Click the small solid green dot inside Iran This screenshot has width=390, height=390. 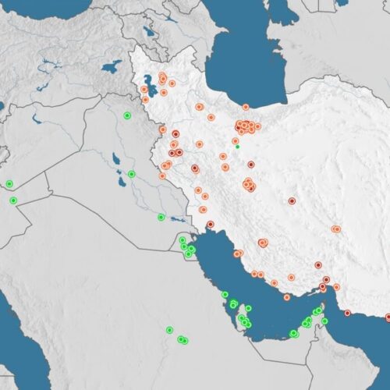(x=237, y=146)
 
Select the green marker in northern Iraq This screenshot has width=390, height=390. (x=127, y=115)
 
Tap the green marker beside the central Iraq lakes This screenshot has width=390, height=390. (x=132, y=174)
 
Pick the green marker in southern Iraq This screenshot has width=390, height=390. (x=161, y=217)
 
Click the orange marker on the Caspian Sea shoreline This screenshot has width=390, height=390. (x=245, y=107)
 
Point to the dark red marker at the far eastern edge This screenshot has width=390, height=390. (x=388, y=317)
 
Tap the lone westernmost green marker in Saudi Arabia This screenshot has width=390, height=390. (x=169, y=329)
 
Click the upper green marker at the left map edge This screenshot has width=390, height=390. (x=9, y=184)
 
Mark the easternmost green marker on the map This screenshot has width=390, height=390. (x=325, y=321)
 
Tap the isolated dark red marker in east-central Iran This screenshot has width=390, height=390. (x=292, y=200)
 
